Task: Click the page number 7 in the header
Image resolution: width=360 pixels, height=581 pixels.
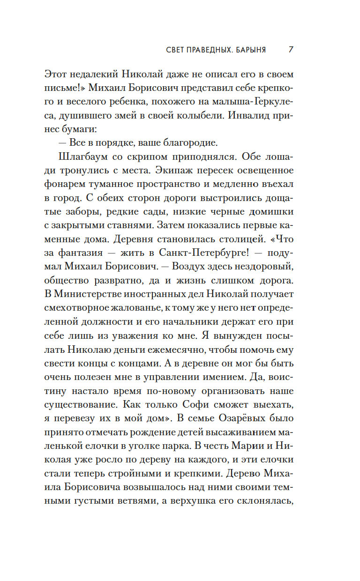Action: (291, 50)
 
